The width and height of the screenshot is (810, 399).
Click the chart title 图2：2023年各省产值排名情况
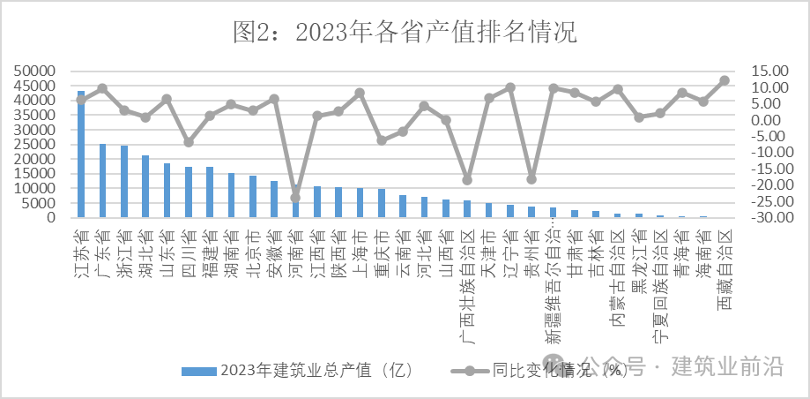[x=405, y=34]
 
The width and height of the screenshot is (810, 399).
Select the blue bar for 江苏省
[x=81, y=154]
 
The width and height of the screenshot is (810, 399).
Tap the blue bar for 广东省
[x=102, y=181]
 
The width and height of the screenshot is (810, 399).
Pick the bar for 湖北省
[x=145, y=186]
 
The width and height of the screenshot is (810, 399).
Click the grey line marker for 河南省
[x=295, y=197]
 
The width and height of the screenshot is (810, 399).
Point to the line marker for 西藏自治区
[x=725, y=80]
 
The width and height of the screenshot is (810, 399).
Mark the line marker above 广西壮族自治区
[x=467, y=180]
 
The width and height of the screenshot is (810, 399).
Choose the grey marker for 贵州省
[x=531, y=179]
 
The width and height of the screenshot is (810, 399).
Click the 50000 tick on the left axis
[x=37, y=71]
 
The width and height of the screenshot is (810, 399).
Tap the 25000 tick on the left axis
[x=37, y=144]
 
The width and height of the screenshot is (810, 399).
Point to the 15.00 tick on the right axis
[x=763, y=71]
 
